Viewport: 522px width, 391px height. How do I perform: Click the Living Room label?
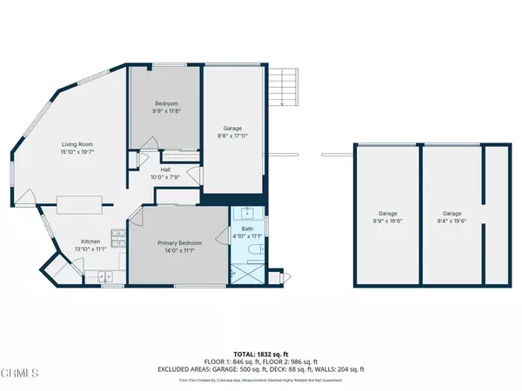tap(77, 144)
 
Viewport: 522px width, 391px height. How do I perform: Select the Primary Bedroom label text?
tap(179, 242)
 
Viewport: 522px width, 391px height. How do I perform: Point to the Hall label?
tap(164, 170)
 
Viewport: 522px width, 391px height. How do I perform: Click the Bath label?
tap(249, 229)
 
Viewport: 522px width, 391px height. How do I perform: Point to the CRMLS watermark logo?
tap(21, 374)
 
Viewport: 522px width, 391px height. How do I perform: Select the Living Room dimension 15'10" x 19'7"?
tap(77, 152)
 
